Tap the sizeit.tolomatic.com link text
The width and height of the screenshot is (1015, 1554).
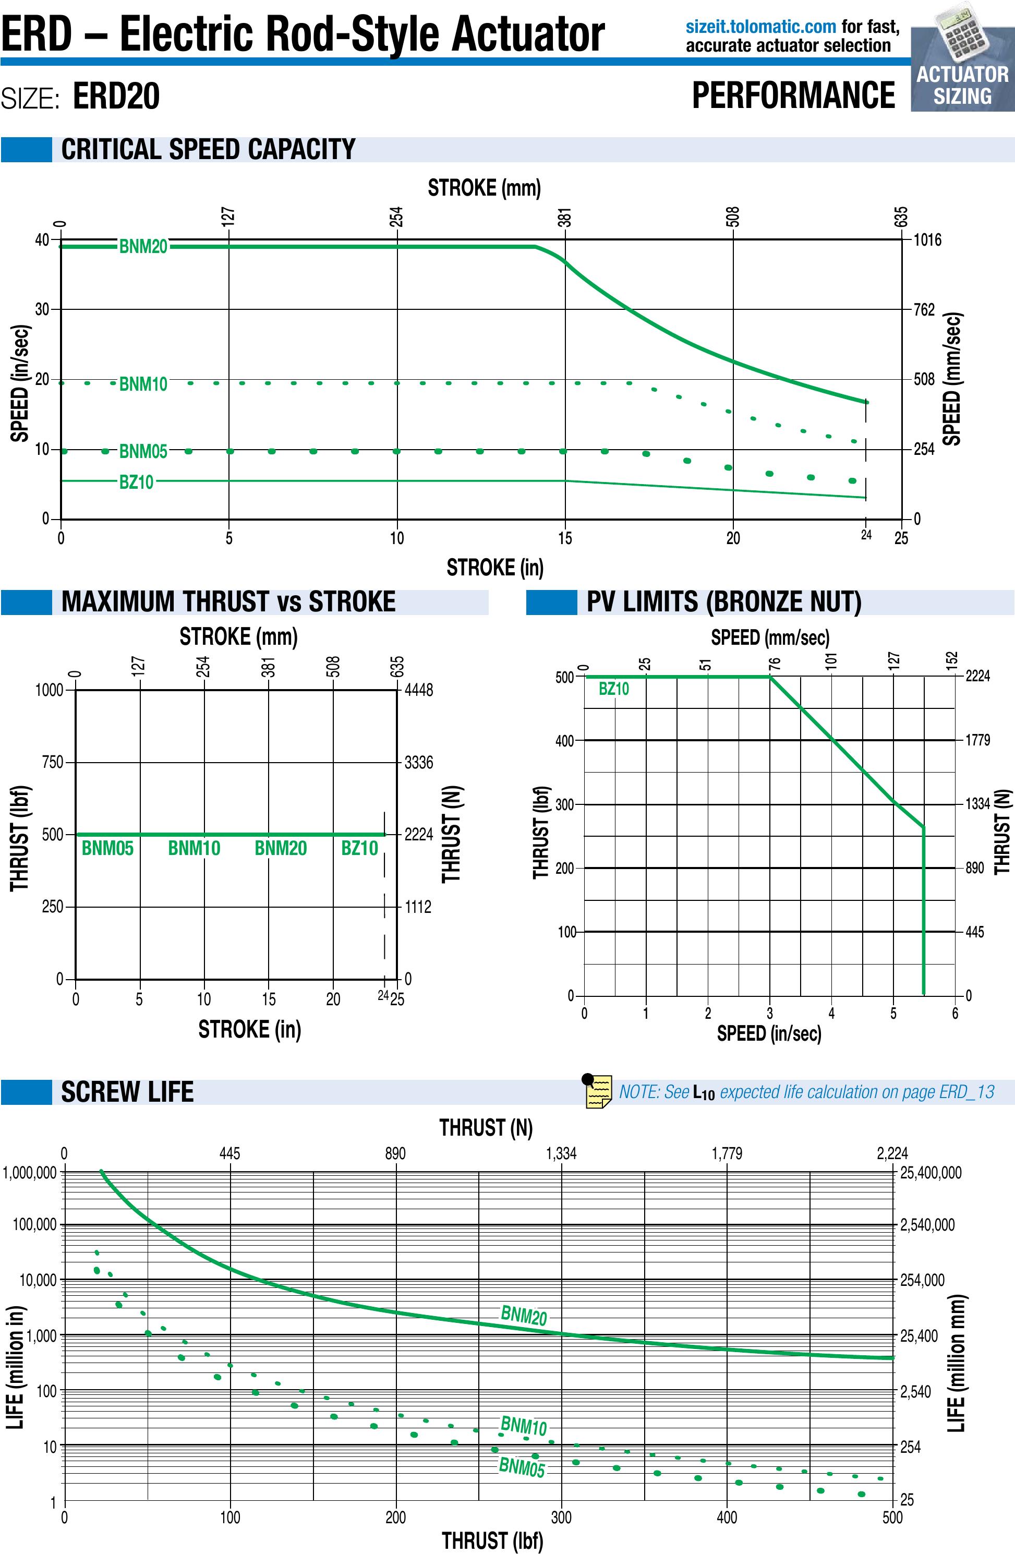[760, 27]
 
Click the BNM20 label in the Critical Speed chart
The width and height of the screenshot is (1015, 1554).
[143, 247]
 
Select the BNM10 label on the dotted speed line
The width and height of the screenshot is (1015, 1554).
[143, 383]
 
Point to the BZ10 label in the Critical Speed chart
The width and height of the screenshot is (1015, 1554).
[136, 482]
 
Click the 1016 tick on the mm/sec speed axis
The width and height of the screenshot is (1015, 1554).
[927, 239]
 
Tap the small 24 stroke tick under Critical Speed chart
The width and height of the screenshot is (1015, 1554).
[865, 535]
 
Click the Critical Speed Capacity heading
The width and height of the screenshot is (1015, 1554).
[208, 150]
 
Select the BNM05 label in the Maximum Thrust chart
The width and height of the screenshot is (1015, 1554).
[107, 848]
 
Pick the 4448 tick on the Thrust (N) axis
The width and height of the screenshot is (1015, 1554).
[418, 690]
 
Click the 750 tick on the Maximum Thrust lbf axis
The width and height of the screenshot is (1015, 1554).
[52, 762]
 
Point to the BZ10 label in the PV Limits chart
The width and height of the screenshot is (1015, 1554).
[613, 689]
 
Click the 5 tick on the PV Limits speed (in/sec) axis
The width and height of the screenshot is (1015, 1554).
[893, 1014]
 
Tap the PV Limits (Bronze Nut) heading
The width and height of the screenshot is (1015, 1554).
[723, 602]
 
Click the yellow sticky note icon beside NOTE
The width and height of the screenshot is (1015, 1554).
[597, 1091]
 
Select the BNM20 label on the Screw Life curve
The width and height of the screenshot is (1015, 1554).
[524, 1316]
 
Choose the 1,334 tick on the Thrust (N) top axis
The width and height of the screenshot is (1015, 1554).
[561, 1153]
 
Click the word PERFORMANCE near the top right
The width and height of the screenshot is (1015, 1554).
[793, 95]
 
